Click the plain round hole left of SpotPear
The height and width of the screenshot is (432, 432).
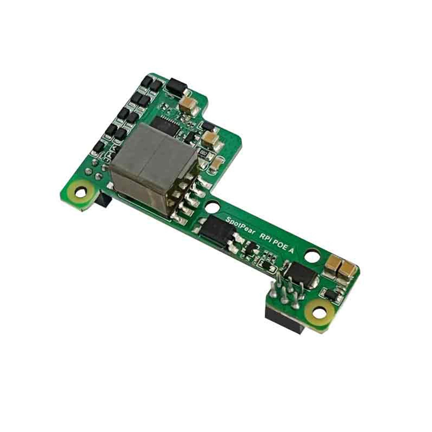[212, 206]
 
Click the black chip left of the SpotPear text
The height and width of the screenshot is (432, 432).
[216, 230]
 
